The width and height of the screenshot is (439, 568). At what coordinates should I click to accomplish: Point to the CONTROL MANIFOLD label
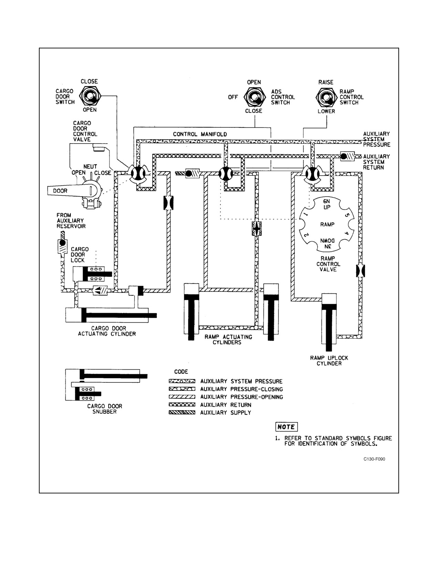(200, 134)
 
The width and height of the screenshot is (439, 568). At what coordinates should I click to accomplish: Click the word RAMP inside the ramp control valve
(327, 224)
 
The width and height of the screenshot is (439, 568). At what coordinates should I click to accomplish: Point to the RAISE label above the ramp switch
(326, 82)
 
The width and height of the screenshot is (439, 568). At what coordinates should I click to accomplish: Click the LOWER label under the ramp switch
(326, 111)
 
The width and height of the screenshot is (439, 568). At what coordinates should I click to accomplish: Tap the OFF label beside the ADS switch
(233, 97)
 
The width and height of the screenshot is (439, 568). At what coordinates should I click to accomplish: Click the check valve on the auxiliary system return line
(347, 156)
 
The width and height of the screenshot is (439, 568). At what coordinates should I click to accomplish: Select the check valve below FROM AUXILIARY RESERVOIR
(62, 246)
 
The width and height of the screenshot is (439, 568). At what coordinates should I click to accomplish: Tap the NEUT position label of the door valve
(90, 167)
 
